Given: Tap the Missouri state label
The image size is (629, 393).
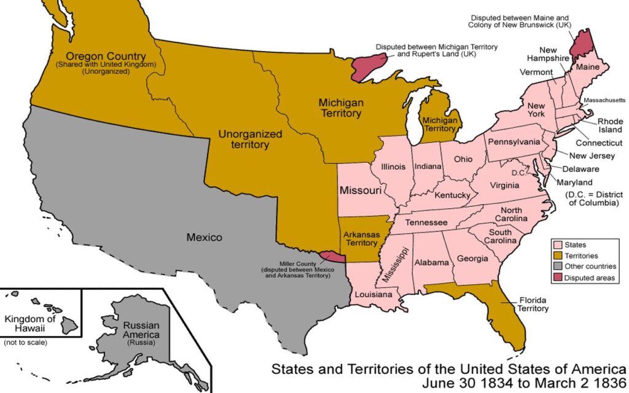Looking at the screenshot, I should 361,191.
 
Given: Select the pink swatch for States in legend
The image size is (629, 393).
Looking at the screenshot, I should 558,244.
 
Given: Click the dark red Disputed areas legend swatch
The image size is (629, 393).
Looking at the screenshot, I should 558,278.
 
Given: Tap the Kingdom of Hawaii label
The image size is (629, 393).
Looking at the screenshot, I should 30,324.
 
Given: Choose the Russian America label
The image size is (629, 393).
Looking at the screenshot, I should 141,330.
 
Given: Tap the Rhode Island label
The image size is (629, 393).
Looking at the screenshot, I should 609,125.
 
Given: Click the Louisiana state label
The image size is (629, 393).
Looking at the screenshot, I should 373,295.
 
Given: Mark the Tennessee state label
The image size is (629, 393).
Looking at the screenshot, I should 426,222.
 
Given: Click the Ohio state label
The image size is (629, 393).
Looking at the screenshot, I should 463,159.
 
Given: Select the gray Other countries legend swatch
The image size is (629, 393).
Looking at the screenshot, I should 558,267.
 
